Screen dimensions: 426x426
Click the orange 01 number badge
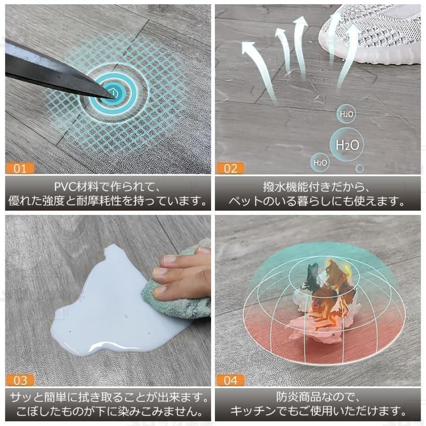click(x=20, y=169)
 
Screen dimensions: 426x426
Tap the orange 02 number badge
click(x=230, y=169)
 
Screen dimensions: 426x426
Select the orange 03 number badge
click(x=20, y=381)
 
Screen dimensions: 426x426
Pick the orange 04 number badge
click(x=230, y=381)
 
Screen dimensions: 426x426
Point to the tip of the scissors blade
click(x=114, y=97)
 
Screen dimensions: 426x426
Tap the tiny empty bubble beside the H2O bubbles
click(x=359, y=169)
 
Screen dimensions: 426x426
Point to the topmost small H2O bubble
click(x=346, y=114)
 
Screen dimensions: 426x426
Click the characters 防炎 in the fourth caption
click(x=286, y=397)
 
